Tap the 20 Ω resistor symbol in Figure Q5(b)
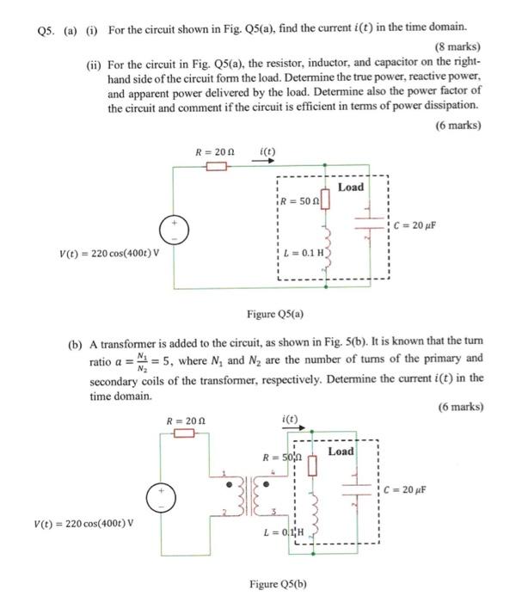tap(184, 433)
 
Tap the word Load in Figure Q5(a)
tap(351, 187)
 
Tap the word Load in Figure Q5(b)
tap(341, 451)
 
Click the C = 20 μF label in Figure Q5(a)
tap(417, 225)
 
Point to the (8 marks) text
tap(459, 46)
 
